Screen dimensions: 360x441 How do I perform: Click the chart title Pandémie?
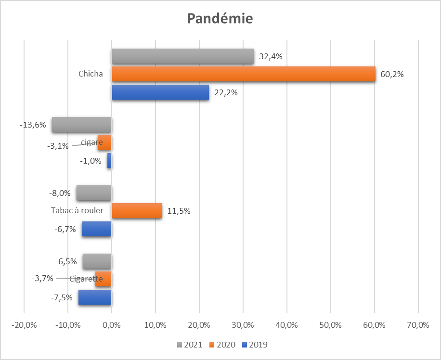pos(220,19)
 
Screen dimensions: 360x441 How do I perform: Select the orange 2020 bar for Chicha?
pos(243,74)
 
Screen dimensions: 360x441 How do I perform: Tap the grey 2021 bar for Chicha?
pos(182,56)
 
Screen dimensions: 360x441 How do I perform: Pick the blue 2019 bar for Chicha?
pos(160,92)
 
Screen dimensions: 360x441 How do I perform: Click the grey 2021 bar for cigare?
pos(82,125)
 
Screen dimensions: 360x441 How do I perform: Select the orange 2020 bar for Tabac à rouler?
pos(137,211)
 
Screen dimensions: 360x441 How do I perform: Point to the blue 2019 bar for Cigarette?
pos(95,297)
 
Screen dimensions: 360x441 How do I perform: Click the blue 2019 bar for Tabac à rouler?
pos(96,229)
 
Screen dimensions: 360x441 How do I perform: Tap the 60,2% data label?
pos(391,75)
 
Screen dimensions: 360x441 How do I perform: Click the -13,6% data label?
pos(33,125)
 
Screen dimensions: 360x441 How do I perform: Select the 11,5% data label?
pos(179,211)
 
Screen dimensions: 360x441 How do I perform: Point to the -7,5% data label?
pos(62,297)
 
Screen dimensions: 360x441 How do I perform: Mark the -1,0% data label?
pos(91,161)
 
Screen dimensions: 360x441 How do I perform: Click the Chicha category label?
pos(91,74)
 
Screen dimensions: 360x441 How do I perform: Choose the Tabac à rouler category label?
pos(77,211)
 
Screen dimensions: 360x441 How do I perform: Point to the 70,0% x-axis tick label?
pos(418,325)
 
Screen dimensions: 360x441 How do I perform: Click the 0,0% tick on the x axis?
pos(112,325)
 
